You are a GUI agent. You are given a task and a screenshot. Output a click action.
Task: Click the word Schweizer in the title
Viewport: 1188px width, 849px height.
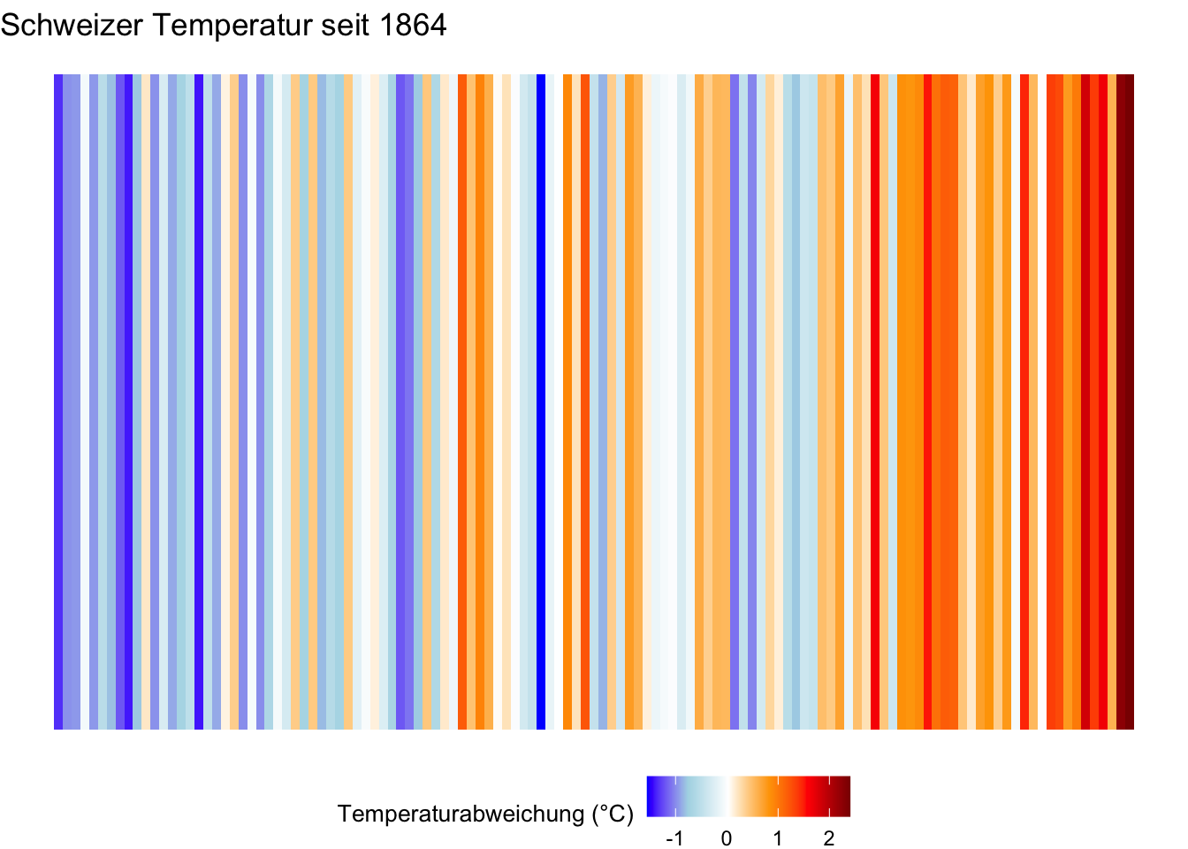coord(72,26)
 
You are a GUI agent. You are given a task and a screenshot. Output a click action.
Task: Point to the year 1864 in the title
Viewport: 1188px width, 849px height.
coord(414,26)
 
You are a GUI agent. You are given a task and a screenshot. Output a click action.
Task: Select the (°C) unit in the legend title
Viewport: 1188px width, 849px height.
coord(612,814)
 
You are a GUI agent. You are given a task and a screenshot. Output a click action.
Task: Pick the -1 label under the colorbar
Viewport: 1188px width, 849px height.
coord(674,838)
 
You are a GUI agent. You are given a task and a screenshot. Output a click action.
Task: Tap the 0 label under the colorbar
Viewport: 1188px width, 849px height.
coord(727,838)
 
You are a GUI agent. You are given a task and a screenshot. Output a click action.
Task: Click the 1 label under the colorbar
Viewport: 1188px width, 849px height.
coord(778,838)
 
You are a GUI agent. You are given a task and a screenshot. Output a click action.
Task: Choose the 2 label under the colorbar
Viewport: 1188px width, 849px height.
coord(829,838)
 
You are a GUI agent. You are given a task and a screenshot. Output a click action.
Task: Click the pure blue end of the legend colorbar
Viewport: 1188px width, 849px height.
coord(651,796)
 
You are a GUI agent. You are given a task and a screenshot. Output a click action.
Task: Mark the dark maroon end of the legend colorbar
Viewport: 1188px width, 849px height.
coord(846,796)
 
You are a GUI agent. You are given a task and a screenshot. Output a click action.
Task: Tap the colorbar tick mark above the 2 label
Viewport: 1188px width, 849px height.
coord(829,780)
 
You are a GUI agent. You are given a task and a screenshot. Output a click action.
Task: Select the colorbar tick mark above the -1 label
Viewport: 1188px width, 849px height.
coord(675,780)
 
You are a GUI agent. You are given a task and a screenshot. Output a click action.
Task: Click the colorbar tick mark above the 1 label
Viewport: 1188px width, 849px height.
coord(778,780)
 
